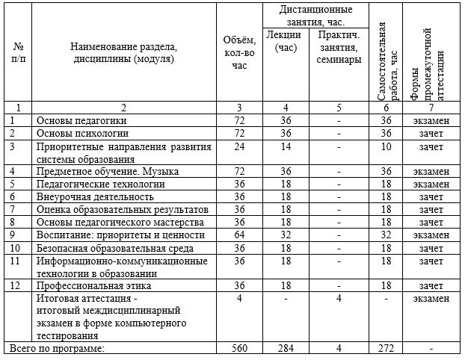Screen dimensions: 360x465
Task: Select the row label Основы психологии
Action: tap(83, 133)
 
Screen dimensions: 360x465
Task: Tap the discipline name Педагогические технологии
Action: tap(101, 184)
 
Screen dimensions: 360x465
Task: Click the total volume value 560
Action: tap(240, 349)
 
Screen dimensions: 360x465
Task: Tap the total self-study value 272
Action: tap(387, 349)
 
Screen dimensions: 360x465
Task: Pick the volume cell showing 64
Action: tap(240, 235)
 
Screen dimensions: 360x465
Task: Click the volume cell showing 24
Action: tap(240, 146)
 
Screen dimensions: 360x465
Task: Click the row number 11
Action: tap(13, 261)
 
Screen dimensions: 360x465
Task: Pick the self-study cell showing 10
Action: tap(387, 146)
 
